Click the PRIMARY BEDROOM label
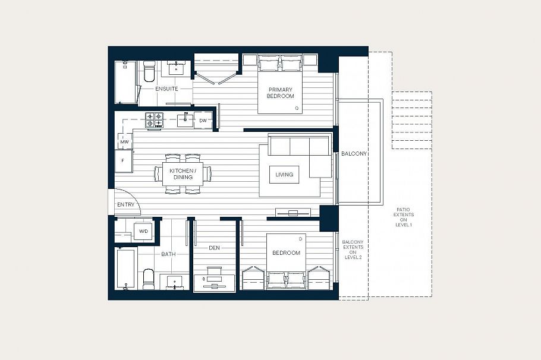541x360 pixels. pyautogui.click(x=280, y=92)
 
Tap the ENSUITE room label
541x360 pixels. pyautogui.click(x=166, y=89)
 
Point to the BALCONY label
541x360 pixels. pyautogui.click(x=354, y=154)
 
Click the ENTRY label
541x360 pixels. pyautogui.click(x=125, y=205)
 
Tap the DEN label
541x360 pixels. pyautogui.click(x=215, y=248)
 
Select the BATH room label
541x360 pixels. pyautogui.click(x=168, y=254)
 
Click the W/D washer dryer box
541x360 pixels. pyautogui.click(x=143, y=231)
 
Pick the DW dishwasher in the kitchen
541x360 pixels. pyautogui.click(x=203, y=121)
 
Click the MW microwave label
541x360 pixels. pyautogui.click(x=124, y=142)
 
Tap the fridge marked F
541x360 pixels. pyautogui.click(x=123, y=160)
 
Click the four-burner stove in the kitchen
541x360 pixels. pyautogui.click(x=155, y=120)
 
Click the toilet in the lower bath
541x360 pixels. pyautogui.click(x=149, y=278)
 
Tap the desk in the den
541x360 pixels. pyautogui.click(x=215, y=279)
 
